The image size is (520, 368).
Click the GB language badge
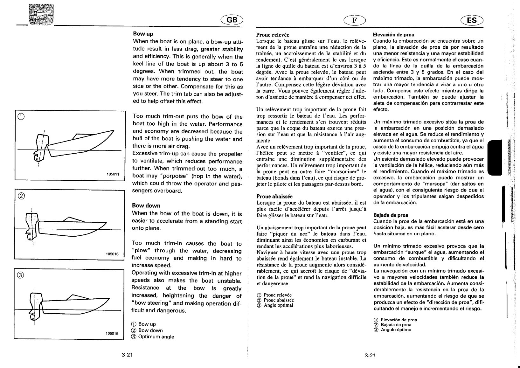232,20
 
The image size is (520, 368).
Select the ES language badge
472,20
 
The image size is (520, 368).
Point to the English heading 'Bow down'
146,206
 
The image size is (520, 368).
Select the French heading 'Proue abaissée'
274,196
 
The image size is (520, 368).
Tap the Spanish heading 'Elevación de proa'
393,35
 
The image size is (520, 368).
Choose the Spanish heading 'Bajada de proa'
391,215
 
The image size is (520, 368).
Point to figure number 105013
112,254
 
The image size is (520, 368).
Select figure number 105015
112,333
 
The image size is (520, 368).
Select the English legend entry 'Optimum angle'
156,337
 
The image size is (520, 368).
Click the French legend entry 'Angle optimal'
278,305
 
